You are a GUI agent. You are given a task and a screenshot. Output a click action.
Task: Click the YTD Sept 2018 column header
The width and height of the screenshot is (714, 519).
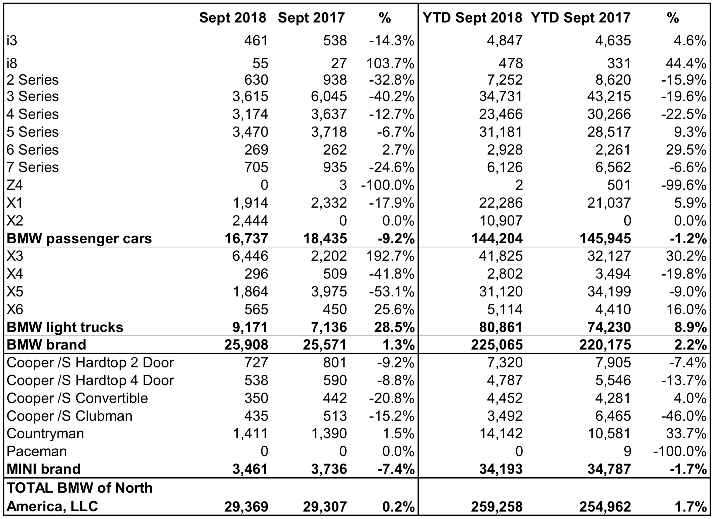472,18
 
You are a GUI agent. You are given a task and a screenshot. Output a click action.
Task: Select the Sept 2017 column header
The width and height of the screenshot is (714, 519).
311,18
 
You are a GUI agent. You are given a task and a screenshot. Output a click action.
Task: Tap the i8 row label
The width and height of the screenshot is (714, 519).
12,63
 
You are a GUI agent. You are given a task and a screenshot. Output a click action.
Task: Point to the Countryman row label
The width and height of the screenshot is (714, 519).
45,433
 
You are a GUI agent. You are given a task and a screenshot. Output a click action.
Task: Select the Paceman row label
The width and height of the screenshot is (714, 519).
37,451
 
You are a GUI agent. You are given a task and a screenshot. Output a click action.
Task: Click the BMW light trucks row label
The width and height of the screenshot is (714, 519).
65,327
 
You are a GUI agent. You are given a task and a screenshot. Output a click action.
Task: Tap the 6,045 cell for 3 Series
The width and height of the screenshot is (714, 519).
329,96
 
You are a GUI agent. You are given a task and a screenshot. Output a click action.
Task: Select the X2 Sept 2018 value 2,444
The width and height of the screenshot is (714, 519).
250,221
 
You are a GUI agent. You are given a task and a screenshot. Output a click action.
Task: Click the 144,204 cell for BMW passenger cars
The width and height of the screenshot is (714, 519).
497,238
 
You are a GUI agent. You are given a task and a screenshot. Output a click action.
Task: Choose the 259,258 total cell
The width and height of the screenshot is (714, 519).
497,507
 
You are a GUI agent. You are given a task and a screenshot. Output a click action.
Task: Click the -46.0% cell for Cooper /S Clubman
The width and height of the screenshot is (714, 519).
683,416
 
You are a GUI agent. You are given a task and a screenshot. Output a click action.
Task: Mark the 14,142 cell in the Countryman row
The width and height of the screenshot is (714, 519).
501,433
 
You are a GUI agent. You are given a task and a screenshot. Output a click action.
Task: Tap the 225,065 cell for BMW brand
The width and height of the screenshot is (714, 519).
497,345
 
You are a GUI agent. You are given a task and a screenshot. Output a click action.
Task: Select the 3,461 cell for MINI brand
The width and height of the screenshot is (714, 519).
250,469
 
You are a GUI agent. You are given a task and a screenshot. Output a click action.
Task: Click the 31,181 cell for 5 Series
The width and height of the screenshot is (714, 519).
501,132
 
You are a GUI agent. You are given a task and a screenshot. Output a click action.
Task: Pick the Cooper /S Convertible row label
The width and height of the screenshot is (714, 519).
77,398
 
